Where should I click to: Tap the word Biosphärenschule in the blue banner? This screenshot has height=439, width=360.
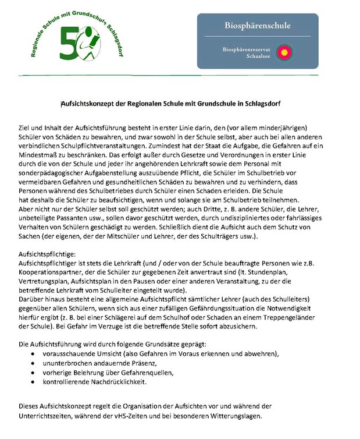258,26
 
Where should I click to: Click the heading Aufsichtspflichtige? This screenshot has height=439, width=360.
49,239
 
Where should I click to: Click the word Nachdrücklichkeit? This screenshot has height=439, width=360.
116,381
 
